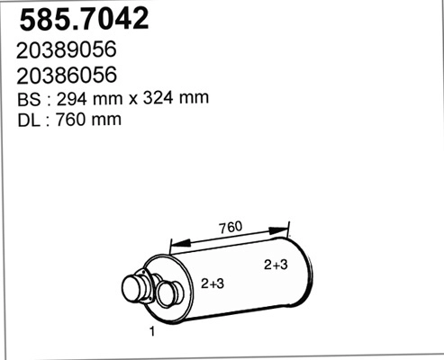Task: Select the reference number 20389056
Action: pos(68,50)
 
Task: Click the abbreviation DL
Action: pos(28,119)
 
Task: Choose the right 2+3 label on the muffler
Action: pos(276,265)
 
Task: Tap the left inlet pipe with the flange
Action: pos(135,289)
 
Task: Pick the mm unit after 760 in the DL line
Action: pos(104,119)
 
